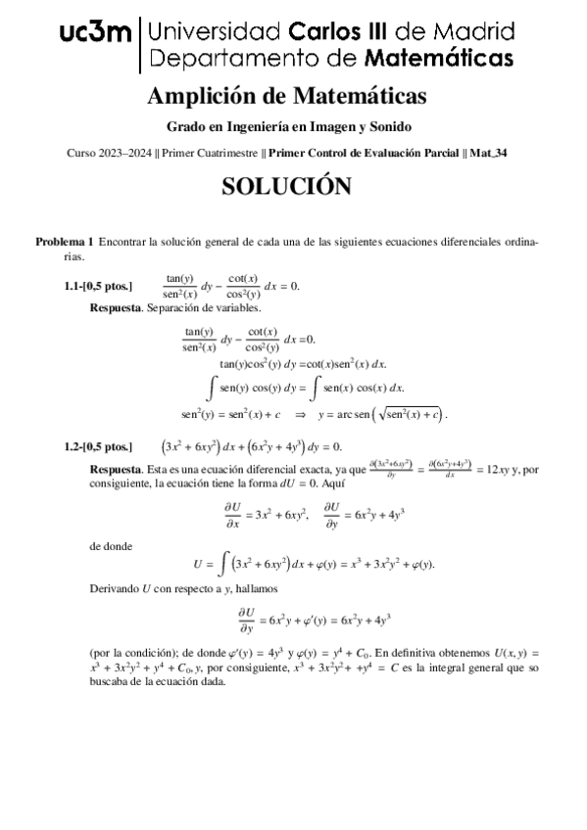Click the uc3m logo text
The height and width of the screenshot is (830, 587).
95,34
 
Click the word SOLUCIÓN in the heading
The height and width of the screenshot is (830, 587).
285,186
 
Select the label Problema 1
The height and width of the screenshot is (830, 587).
65,241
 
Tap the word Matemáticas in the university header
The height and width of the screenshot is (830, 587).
439,58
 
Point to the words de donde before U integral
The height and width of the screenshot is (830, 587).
110,546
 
